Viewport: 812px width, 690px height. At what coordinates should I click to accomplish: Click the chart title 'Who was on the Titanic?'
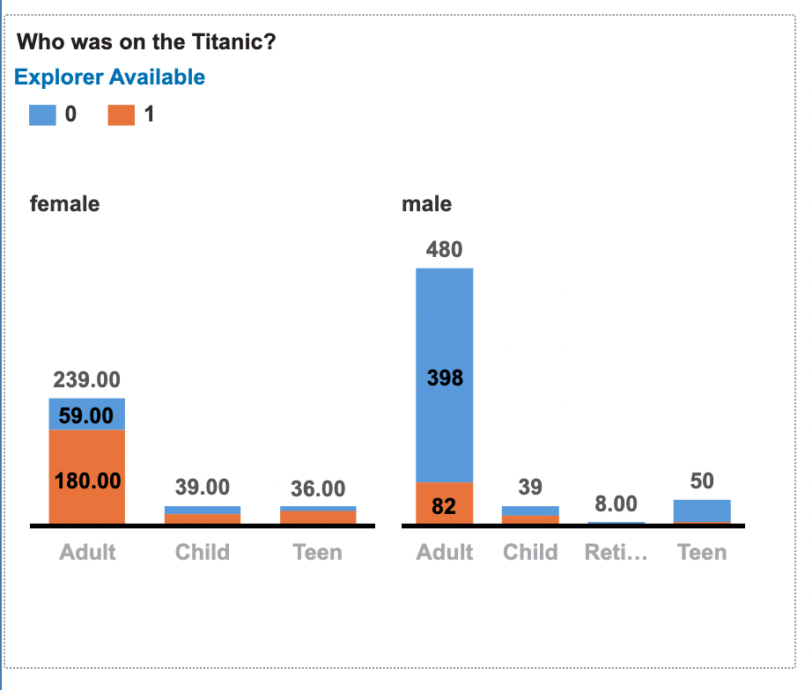point(146,41)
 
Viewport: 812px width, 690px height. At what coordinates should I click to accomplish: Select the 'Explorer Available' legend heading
point(109,77)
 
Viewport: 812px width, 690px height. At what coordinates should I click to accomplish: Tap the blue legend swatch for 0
point(42,114)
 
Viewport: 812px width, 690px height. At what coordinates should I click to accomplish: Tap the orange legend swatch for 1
point(122,114)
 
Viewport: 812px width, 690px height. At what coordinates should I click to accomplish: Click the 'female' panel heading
point(64,204)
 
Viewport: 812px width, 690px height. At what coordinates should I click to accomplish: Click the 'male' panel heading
point(426,204)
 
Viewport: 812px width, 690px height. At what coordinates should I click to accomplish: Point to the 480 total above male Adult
point(444,250)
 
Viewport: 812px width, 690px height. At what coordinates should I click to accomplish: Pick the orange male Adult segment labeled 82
point(444,503)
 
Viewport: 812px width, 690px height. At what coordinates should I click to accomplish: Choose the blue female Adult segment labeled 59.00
point(87,415)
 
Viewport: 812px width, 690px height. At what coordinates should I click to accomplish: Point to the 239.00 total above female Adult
point(87,380)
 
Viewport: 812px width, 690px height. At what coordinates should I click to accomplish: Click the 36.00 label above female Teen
point(318,488)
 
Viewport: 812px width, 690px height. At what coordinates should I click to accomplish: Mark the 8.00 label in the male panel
point(616,504)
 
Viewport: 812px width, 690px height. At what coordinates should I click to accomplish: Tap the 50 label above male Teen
point(702,481)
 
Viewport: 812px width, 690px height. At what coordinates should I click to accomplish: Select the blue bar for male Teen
point(702,510)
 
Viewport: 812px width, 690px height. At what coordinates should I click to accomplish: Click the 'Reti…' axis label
point(616,553)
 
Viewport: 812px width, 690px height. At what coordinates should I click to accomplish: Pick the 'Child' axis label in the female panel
point(203,553)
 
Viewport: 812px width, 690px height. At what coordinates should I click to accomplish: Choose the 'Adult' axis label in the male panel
point(444,553)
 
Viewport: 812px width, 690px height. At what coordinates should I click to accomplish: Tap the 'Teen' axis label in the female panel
point(318,553)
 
